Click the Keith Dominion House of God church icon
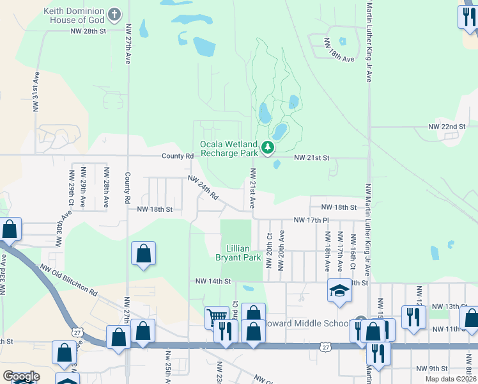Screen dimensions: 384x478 click(114, 14)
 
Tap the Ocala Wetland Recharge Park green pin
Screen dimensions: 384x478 click(268, 149)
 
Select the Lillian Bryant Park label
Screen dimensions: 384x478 click(243, 253)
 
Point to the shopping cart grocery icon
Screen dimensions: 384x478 click(217, 316)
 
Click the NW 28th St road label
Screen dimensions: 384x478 click(88, 30)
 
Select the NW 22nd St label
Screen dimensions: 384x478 click(447, 127)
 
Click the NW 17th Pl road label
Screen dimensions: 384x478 click(311, 220)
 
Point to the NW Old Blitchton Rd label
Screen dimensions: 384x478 click(68, 280)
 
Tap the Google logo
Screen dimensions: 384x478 click(21, 376)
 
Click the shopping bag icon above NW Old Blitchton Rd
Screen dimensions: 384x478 click(144, 253)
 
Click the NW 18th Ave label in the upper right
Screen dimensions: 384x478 click(339, 50)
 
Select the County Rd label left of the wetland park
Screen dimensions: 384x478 click(177, 156)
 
